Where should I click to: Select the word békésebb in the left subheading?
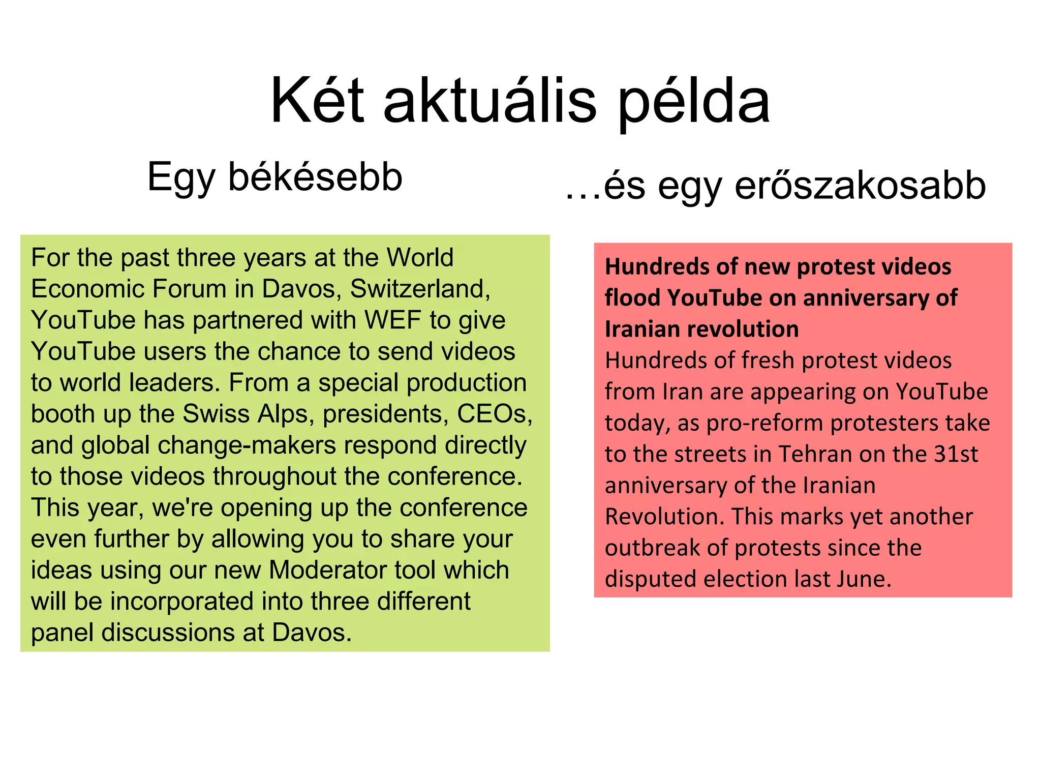pyautogui.click(x=315, y=177)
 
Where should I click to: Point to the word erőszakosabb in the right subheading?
pyautogui.click(x=860, y=185)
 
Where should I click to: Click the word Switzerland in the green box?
pyautogui.click(x=420, y=289)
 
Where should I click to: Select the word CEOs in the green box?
pyautogui.click(x=494, y=414)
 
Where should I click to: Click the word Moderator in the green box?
pyautogui.click(x=325, y=570)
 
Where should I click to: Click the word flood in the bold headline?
pyautogui.click(x=632, y=298)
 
